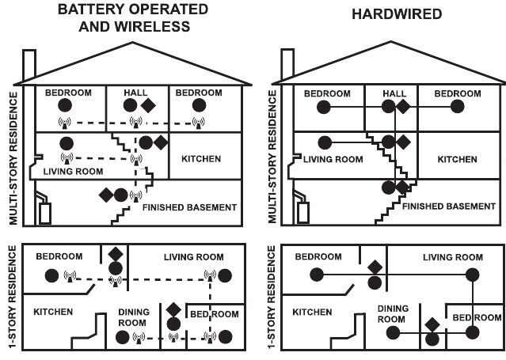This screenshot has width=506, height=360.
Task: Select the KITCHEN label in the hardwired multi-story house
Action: click(x=458, y=159)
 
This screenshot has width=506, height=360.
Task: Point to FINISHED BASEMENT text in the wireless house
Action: click(x=189, y=207)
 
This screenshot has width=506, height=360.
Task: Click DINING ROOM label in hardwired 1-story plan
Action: click(x=392, y=313)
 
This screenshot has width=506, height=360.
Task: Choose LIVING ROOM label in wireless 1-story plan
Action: click(x=193, y=257)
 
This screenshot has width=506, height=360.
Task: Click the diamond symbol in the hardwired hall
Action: click(x=402, y=105)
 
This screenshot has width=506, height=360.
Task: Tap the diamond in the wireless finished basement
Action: click(x=105, y=194)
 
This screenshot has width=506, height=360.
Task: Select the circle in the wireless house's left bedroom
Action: click(x=65, y=105)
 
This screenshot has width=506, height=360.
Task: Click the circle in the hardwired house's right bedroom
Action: click(x=455, y=105)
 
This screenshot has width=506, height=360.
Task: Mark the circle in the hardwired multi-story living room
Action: click(x=324, y=142)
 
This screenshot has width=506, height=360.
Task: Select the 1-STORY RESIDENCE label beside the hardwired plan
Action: click(x=272, y=297)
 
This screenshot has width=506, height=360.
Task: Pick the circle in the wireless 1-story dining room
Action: click(x=122, y=337)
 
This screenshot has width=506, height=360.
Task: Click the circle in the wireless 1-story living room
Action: click(x=226, y=275)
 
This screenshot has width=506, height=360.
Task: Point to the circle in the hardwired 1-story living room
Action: click(x=472, y=275)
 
